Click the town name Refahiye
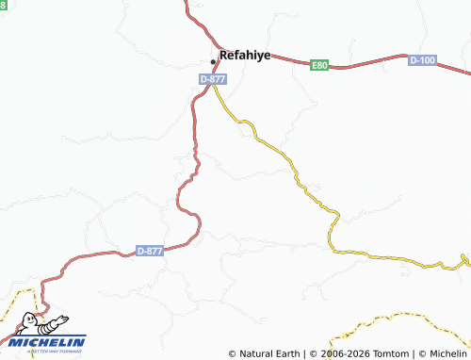[x=245, y=56]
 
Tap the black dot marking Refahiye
[x=213, y=62]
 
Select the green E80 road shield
[x=320, y=65]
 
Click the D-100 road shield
[x=423, y=60]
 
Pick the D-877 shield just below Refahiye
[x=213, y=80]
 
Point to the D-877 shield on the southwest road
[x=150, y=251]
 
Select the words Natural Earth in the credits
[x=269, y=353]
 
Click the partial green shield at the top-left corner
[x=3, y=5]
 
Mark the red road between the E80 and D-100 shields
[x=372, y=66]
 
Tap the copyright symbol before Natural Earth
[x=233, y=353]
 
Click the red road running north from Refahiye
[x=191, y=19]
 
